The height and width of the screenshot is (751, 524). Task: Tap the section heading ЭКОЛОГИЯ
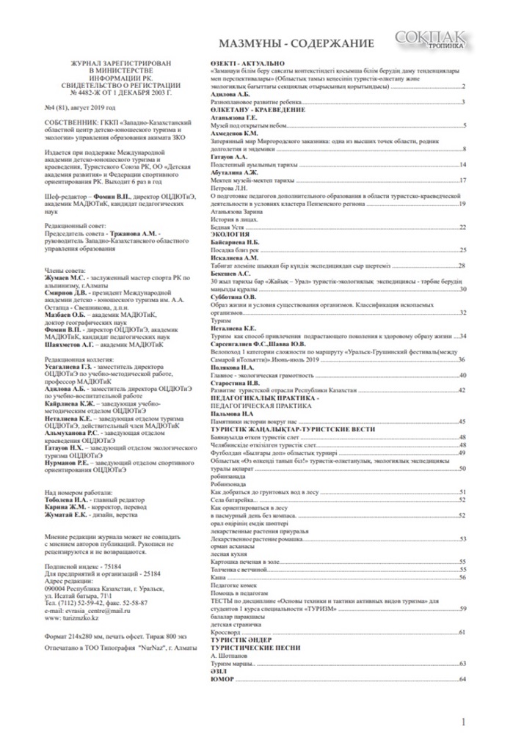(x=231, y=233)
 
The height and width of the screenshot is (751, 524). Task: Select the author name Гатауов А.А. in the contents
(x=228, y=156)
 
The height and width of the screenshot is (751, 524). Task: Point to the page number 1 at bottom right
(x=464, y=723)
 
